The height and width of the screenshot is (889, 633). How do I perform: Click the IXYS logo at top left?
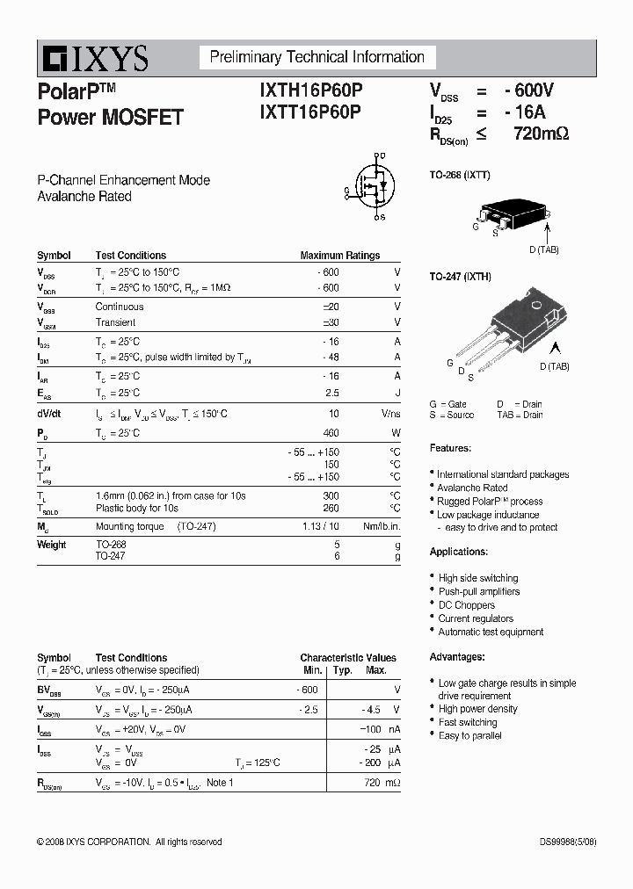93,59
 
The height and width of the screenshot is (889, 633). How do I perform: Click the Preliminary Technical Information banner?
316,58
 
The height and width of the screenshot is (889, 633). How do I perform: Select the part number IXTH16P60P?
310,91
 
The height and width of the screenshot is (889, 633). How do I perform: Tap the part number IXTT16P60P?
310,112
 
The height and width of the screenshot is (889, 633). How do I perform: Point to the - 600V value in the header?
529,90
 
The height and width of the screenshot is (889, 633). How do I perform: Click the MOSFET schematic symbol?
372,187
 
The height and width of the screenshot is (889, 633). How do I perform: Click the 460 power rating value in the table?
331,433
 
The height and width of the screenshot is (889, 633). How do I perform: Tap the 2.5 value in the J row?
331,393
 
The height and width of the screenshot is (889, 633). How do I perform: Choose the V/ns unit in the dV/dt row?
390,413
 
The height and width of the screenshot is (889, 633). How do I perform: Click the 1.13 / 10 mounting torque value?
320,526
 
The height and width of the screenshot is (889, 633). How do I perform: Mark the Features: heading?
450,448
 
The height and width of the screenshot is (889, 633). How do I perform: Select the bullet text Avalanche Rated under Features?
472,488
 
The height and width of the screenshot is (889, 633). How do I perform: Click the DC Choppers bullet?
467,605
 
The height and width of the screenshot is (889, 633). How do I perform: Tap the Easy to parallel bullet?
470,735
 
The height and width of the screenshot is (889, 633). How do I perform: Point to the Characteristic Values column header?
347,657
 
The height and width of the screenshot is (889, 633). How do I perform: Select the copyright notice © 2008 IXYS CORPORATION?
129,842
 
